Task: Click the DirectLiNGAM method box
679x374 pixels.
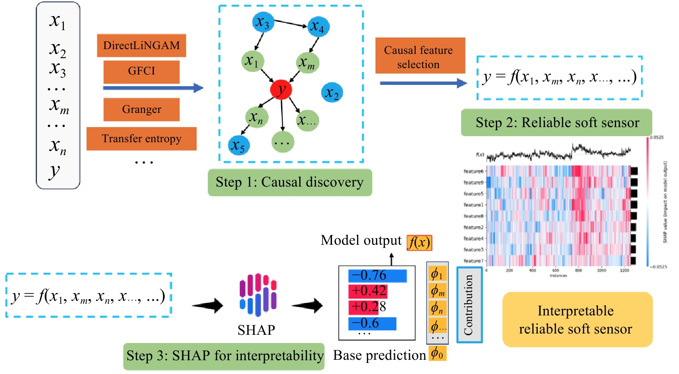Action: pyautogui.click(x=141, y=45)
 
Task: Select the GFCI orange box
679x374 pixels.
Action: pyautogui.click(x=141, y=72)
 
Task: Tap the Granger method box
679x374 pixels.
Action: pyautogui.click(x=141, y=109)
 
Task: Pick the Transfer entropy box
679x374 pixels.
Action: pyautogui.click(x=141, y=139)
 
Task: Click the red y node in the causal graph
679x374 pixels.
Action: pyautogui.click(x=281, y=90)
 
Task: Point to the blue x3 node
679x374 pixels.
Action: pyautogui.click(x=263, y=22)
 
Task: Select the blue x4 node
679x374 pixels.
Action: pyautogui.click(x=319, y=27)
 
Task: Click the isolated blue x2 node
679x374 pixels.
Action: pyautogui.click(x=332, y=93)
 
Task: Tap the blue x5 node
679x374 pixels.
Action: pyautogui.click(x=238, y=145)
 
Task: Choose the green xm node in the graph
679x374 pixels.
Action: pyautogui.click(x=308, y=63)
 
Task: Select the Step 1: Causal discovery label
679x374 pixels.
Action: pyautogui.click(x=290, y=182)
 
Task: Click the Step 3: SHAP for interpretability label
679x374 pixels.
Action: pyautogui.click(x=224, y=356)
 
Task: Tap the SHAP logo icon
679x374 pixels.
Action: pyautogui.click(x=258, y=295)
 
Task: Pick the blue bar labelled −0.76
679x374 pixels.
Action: pyautogui.click(x=377, y=276)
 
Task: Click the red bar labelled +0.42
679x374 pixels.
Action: pyautogui.click(x=368, y=291)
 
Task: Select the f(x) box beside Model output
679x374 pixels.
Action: pyautogui.click(x=419, y=243)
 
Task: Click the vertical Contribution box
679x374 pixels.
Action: pyautogui.click(x=469, y=305)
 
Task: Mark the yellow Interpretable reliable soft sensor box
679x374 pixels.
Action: pyautogui.click(x=577, y=319)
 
